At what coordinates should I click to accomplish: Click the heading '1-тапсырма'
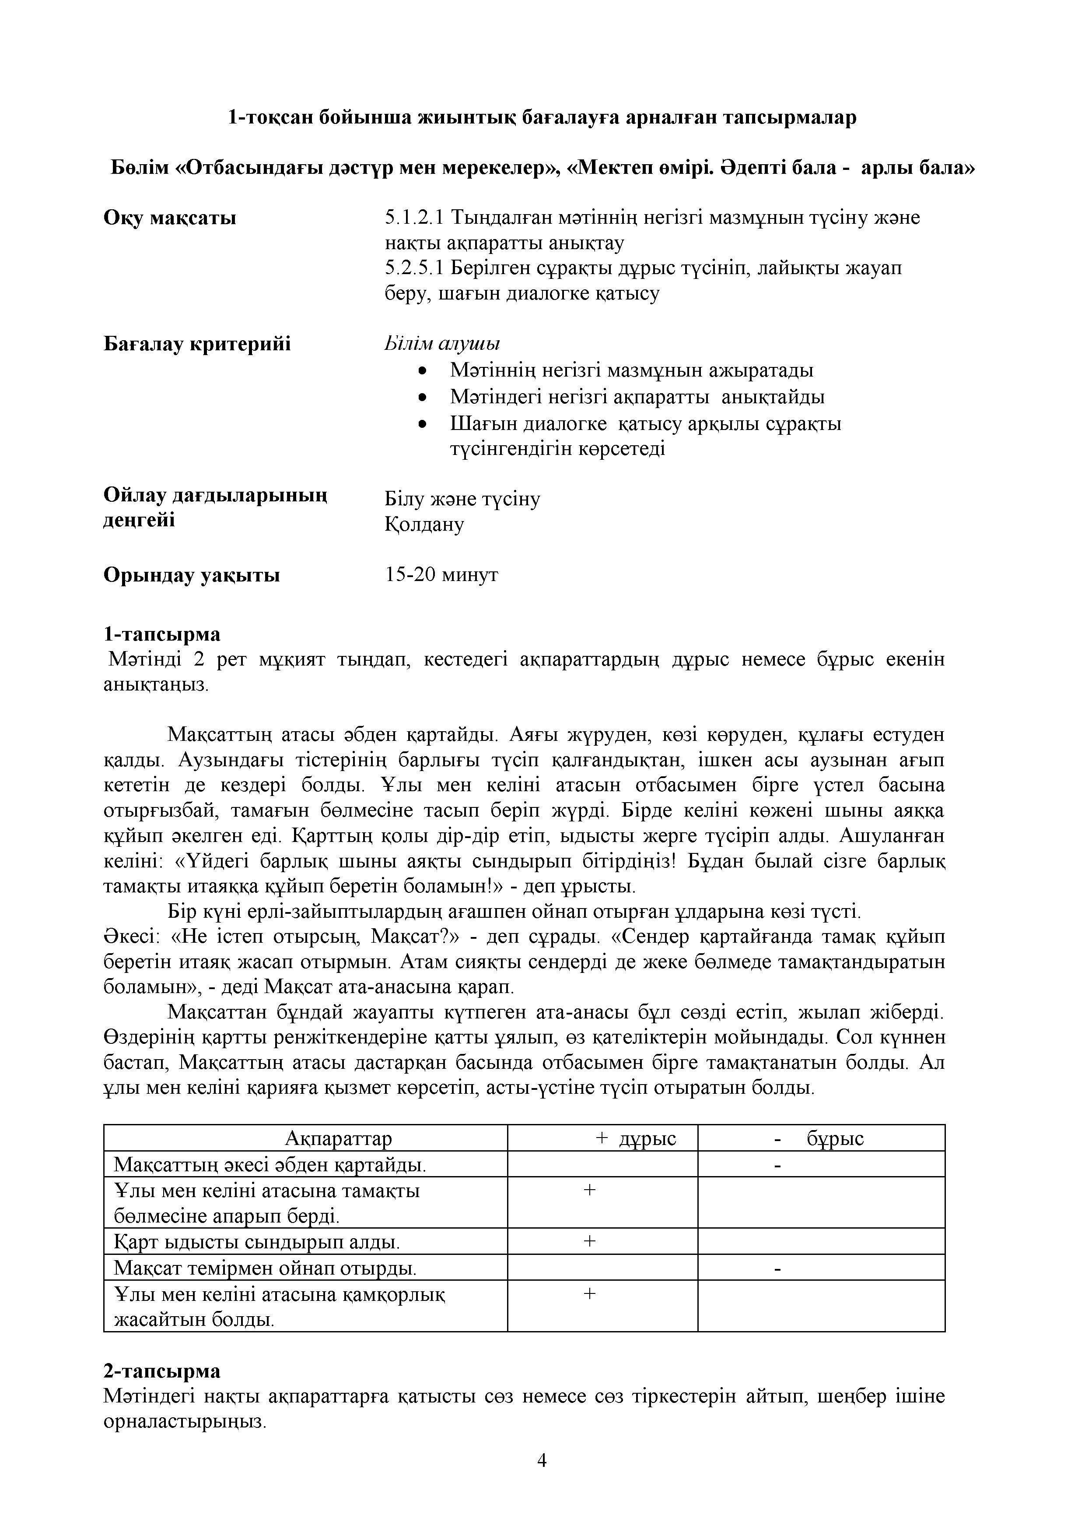[162, 634]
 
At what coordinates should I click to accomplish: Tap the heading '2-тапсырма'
[162, 1371]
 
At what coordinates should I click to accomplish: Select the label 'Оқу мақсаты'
[170, 218]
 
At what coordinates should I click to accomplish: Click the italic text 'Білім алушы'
[442, 344]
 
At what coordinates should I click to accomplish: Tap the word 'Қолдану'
[424, 525]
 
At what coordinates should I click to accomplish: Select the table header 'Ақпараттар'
[338, 1138]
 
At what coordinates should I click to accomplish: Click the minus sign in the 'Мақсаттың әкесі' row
[777, 1166]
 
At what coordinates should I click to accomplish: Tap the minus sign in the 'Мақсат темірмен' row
[777, 1268]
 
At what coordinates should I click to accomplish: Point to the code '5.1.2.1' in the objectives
[414, 218]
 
